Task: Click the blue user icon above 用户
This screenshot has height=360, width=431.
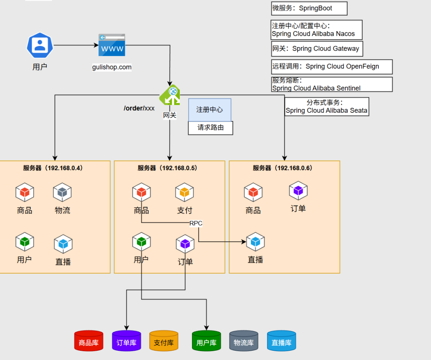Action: click(x=40, y=45)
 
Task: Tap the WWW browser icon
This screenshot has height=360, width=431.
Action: click(x=112, y=45)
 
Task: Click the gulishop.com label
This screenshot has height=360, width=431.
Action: click(x=112, y=67)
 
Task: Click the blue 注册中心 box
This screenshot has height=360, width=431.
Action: click(x=210, y=110)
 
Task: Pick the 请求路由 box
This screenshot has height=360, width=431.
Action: click(x=210, y=128)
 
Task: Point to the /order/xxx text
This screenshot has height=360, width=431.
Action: click(x=139, y=108)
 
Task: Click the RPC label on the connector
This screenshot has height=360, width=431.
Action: click(x=196, y=223)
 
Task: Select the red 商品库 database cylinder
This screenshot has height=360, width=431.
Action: click(x=89, y=341)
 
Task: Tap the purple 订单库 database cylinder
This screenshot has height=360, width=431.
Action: click(x=126, y=341)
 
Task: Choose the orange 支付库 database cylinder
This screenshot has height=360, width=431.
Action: click(x=164, y=341)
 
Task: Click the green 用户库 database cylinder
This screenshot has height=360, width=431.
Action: click(x=206, y=341)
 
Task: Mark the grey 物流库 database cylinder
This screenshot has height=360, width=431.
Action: click(x=244, y=341)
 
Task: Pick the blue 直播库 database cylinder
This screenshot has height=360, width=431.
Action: click(x=282, y=341)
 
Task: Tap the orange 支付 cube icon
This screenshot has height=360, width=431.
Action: click(x=184, y=192)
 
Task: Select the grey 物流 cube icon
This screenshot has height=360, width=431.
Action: click(x=62, y=192)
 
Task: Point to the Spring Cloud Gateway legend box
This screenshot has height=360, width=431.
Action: click(x=317, y=48)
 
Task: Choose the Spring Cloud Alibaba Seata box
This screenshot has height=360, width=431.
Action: click(x=327, y=107)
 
